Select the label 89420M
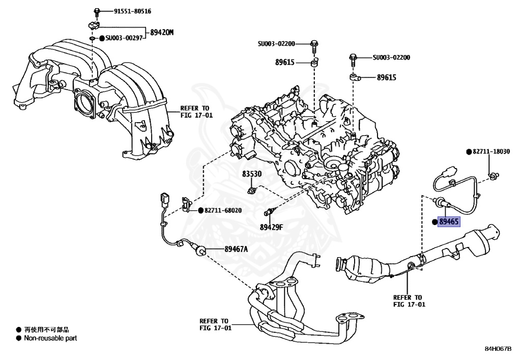coord(162,33)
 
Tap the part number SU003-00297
coord(127,38)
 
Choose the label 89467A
coord(236,248)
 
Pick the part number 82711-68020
coord(223,210)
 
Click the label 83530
coord(251,174)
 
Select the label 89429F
coord(271,227)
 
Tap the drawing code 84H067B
coord(498,349)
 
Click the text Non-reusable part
coord(50,338)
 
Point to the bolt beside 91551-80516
coord(97,11)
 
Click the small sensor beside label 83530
coord(250,189)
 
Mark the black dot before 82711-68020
coord(200,210)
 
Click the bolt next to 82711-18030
coord(492,176)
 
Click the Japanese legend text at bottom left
coord(46,330)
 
